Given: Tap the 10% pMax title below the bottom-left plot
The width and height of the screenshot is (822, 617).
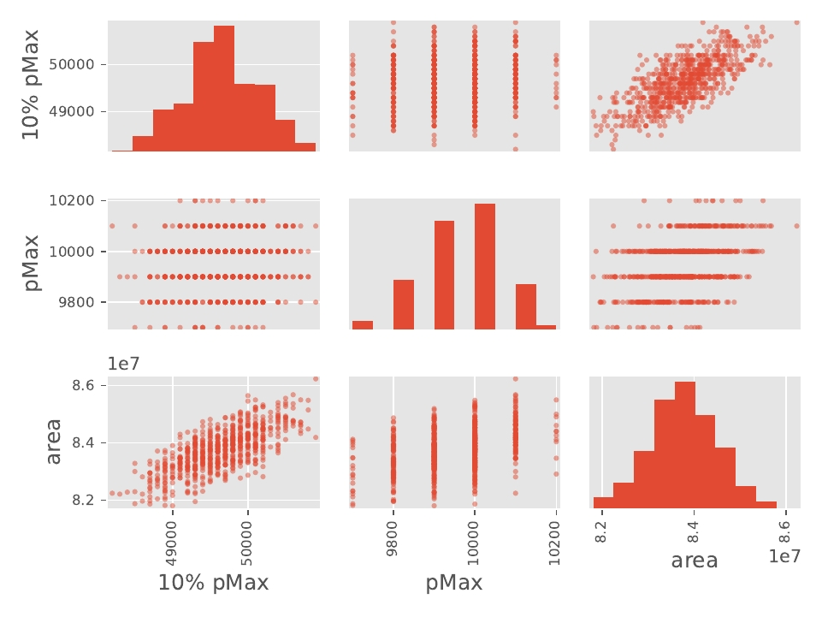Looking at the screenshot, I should (213, 584).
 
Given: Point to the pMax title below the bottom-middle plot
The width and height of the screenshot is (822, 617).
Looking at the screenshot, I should (454, 584).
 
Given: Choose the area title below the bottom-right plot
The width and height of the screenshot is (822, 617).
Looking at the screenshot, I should (695, 561).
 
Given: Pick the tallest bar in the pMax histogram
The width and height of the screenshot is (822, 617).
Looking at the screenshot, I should (485, 266).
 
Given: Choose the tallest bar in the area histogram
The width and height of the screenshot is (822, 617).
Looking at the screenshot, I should (685, 444).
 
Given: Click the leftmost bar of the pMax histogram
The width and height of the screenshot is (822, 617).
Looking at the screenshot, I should (363, 324).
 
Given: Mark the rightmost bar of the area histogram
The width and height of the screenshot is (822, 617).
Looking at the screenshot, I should (766, 504).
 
